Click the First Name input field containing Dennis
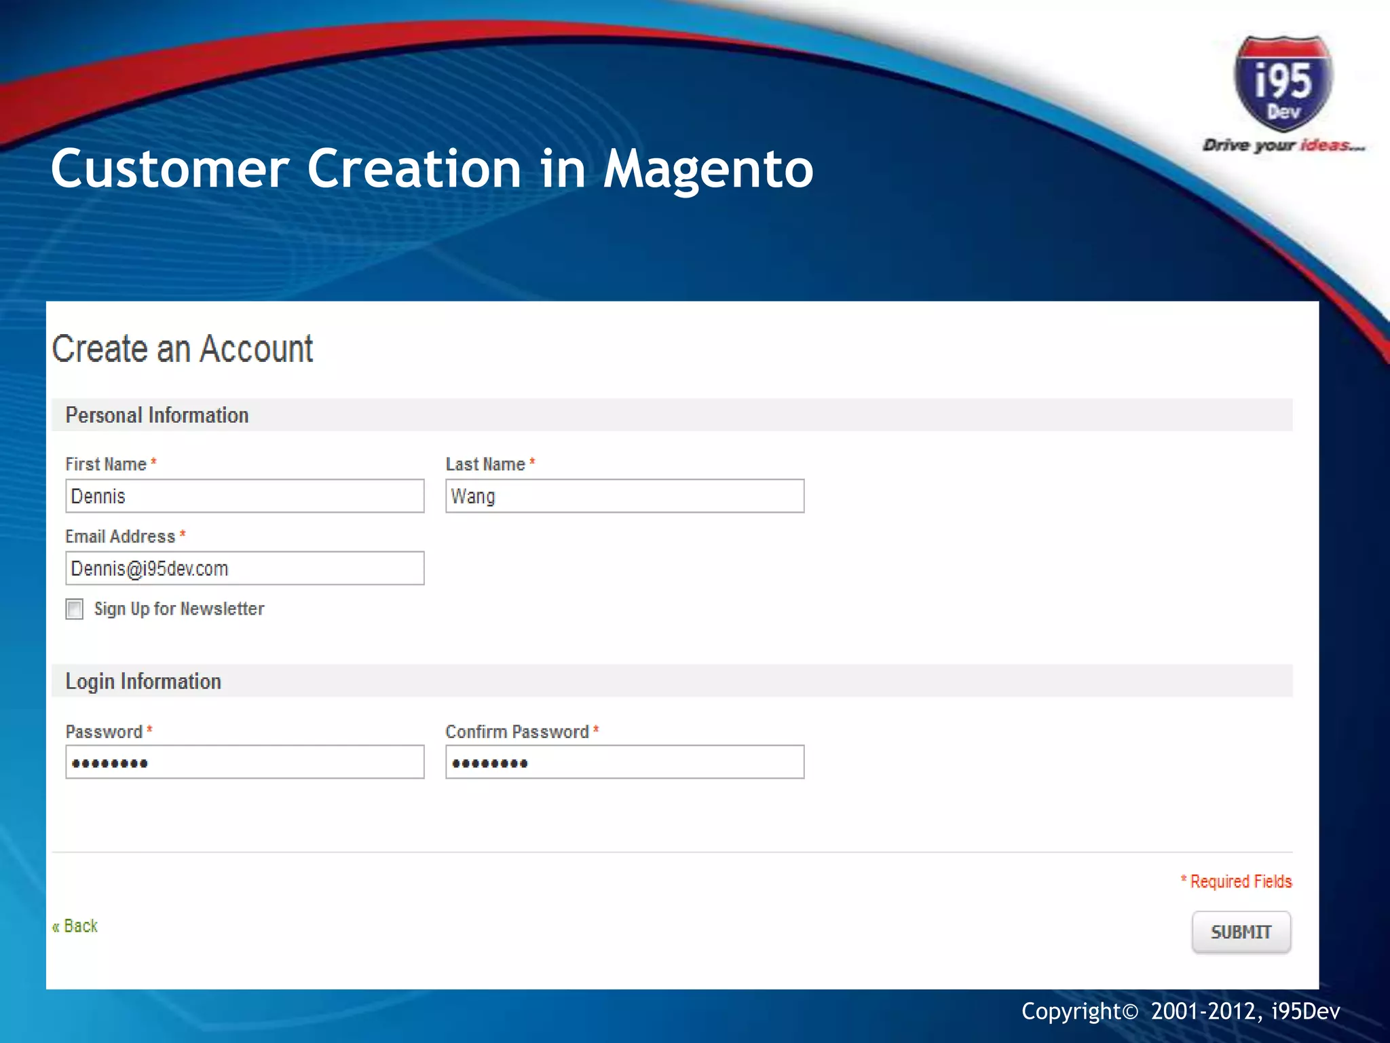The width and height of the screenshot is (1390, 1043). tap(244, 496)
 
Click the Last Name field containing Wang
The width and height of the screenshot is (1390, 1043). tap(624, 496)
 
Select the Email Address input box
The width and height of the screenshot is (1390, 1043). tap(244, 568)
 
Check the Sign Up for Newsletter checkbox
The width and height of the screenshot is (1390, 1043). tap(75, 609)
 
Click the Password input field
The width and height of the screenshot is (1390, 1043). tap(244, 763)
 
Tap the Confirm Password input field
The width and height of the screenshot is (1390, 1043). tap(624, 763)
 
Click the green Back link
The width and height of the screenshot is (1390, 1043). tap(75, 926)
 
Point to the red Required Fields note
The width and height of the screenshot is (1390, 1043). tap(1237, 881)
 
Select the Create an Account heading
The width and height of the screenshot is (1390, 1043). tap(183, 349)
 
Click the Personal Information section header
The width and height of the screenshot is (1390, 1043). tap(157, 415)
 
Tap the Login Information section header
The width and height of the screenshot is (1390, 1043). tap(143, 681)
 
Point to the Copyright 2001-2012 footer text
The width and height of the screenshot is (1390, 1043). tap(1180, 1012)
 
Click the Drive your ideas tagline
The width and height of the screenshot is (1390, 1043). tap(1283, 145)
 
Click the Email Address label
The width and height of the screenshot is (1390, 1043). tap(120, 536)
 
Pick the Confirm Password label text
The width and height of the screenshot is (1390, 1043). tap(517, 732)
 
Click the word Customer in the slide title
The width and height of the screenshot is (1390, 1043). tap(170, 170)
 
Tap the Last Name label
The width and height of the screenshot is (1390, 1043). tap(485, 464)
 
